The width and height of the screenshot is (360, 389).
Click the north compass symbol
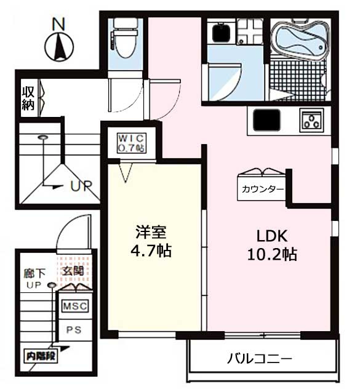coord(59,47)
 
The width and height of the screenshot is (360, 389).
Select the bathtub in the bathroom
coord(300,39)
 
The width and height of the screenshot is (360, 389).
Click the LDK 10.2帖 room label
coord(272,245)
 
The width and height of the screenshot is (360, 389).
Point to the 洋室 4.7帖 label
coord(151,241)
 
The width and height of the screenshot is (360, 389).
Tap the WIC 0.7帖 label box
coord(132,143)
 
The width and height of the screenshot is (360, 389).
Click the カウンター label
coord(263,190)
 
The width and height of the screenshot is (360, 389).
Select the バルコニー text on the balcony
coord(260,359)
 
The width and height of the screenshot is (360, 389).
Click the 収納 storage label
coord(28,98)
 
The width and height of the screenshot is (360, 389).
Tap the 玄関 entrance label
coord(73,271)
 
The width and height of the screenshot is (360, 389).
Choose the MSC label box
coord(75,306)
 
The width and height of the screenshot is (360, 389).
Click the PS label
coord(74,330)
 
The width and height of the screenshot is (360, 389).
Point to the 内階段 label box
coord(41,356)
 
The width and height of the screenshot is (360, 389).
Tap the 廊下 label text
coord(34,273)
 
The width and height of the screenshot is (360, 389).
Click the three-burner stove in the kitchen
coord(311,120)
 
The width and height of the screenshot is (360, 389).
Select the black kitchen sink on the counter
coord(266,120)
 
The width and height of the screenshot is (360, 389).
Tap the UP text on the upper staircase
coord(82,185)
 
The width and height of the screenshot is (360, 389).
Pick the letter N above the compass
coord(58,24)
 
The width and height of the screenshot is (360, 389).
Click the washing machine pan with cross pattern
coord(250,32)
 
